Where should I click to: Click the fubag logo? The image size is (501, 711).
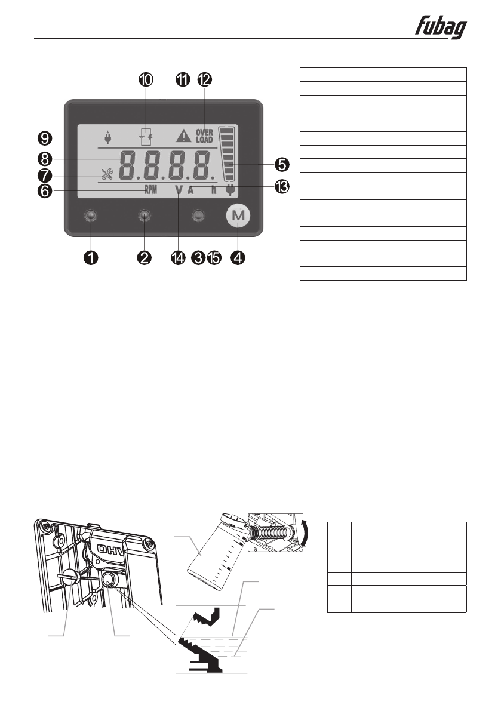point(441,27)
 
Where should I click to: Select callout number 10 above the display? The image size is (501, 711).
point(145,79)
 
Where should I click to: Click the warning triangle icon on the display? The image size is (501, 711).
point(182,136)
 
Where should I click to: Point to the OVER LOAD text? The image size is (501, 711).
point(204,136)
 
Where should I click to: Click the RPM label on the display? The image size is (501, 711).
point(150,190)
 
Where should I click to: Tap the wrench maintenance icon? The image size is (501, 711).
point(108,176)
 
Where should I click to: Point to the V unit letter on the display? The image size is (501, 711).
point(178,190)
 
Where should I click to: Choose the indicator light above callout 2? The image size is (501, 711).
point(144,216)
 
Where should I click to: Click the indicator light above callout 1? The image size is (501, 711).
point(90,216)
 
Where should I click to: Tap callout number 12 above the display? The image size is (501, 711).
point(204,79)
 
